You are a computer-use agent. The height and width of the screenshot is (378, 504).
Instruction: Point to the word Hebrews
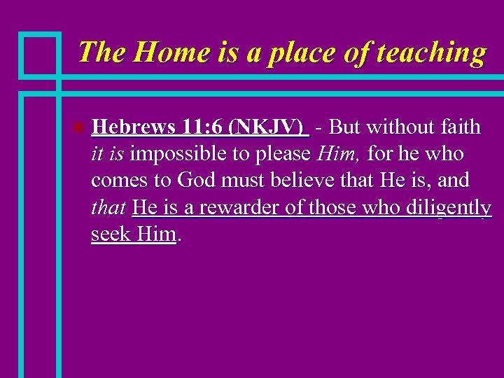click(x=132, y=127)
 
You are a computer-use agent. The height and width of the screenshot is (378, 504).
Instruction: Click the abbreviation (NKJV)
click(x=272, y=127)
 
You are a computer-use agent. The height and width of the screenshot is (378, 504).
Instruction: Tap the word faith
click(x=461, y=127)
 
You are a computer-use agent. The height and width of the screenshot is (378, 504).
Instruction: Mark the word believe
click(x=306, y=180)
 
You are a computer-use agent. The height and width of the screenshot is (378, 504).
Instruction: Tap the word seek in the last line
click(x=111, y=234)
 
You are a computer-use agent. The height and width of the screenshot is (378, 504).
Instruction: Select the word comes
click(x=120, y=181)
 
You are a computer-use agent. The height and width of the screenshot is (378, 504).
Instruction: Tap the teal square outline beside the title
click(x=39, y=53)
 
